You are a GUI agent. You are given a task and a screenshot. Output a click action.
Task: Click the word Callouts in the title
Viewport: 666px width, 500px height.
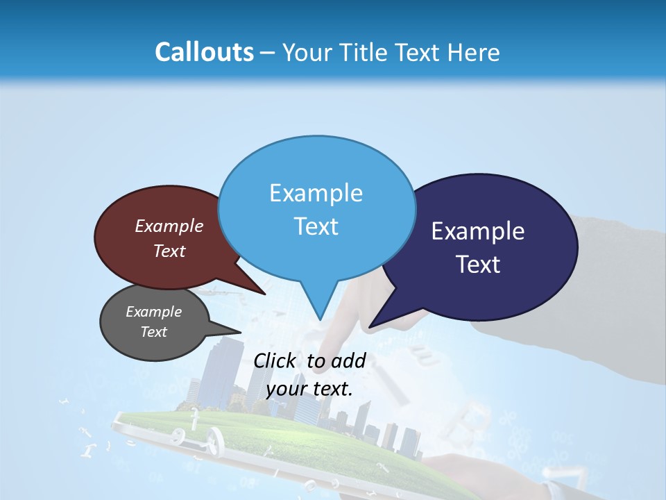tap(204, 52)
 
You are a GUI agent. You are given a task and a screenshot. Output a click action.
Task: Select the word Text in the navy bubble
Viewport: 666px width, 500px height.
tap(478, 264)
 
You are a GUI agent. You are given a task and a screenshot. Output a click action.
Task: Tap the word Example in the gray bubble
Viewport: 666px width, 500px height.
tap(153, 312)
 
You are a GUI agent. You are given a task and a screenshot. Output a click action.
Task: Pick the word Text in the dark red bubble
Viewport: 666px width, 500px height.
tap(169, 251)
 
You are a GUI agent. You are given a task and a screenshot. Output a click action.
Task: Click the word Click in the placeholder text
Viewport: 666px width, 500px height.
tap(275, 360)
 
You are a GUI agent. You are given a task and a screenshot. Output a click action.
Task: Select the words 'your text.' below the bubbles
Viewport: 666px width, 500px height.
tap(309, 388)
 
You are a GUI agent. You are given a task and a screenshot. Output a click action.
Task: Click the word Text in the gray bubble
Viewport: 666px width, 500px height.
tap(153, 332)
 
